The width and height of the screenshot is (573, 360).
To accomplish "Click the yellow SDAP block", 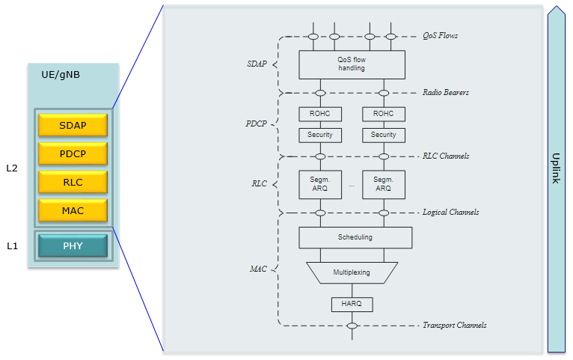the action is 73,125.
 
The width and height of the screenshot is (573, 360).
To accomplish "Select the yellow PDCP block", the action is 73,153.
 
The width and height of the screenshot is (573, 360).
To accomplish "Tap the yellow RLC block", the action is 73,182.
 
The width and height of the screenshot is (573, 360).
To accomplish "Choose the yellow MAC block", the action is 73,210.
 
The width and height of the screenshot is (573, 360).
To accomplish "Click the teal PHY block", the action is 73,245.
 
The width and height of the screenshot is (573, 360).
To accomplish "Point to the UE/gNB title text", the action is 61,75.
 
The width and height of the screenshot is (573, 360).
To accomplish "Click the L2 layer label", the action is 12,168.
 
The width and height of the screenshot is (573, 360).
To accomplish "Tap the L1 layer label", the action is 12,246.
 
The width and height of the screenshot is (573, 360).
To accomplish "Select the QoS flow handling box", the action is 352,64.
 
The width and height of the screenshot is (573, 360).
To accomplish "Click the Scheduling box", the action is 355,237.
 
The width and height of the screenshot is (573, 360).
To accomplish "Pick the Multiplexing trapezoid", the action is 352,272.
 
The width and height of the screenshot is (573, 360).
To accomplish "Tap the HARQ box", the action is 352,305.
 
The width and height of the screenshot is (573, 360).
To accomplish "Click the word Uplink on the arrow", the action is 556,168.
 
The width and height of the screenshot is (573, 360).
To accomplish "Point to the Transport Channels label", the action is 455,326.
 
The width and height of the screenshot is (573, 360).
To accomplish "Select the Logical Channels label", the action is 450,213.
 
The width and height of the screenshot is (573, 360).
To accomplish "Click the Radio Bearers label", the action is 446,93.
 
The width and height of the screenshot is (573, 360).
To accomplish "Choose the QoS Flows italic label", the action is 440,36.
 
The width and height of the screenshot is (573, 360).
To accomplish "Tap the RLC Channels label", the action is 446,156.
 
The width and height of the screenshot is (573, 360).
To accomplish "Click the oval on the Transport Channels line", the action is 352,326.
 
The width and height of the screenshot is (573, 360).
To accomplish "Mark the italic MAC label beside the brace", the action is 258,269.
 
